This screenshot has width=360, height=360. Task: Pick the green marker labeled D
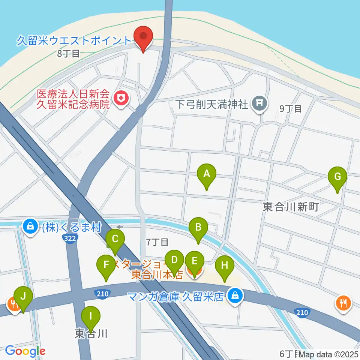(x=174, y=260)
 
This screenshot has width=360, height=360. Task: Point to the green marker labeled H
(x=224, y=266)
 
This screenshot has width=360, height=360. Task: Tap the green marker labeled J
(x=23, y=297)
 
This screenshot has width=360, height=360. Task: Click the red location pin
(x=143, y=36)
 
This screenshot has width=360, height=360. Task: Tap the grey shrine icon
(x=259, y=102)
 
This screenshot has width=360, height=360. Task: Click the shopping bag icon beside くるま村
(x=30, y=226)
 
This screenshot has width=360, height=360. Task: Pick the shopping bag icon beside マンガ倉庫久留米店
(x=235, y=296)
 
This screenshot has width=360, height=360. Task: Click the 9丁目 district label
(x=291, y=109)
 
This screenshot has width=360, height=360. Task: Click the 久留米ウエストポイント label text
(x=74, y=40)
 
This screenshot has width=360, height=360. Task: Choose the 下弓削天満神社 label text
(x=213, y=103)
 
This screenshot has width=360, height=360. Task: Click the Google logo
(x=25, y=351)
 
